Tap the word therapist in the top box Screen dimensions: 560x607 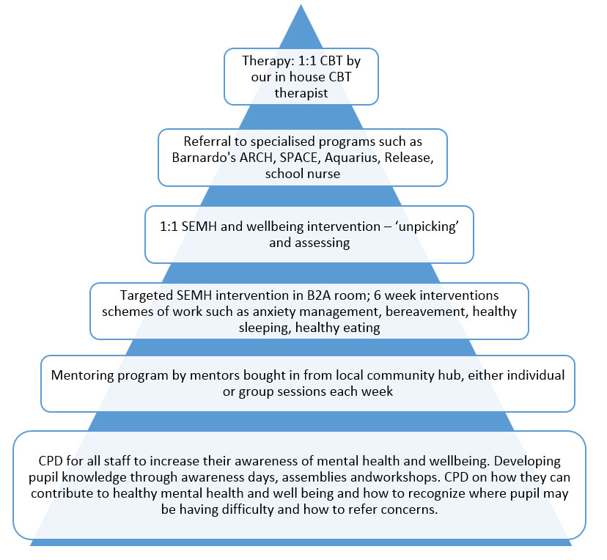(301, 95)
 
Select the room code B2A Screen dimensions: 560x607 (284, 295)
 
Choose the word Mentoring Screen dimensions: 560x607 (81, 375)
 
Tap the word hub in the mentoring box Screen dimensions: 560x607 (424, 375)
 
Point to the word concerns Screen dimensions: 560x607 (412, 510)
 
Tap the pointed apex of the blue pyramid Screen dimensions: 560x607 (301, 6)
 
